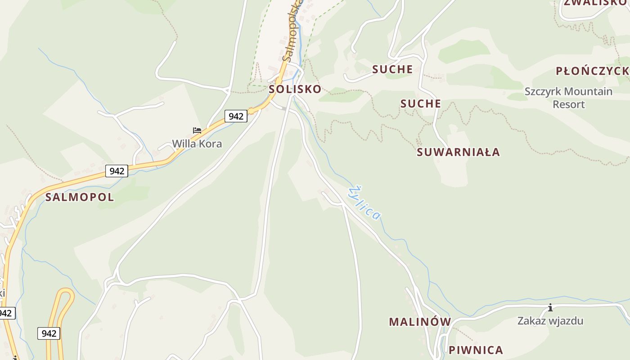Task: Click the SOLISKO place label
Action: (295, 89)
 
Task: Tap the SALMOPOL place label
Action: (80, 197)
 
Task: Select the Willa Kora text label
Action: (197, 144)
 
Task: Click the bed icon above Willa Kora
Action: (197, 130)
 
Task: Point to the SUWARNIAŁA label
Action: (458, 152)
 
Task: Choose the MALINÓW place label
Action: (420, 322)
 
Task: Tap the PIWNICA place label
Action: (476, 350)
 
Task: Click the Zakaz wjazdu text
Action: (550, 321)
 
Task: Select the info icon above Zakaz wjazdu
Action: (550, 308)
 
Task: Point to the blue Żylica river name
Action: (365, 203)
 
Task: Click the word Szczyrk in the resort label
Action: (541, 92)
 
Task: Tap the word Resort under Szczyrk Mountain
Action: (569, 104)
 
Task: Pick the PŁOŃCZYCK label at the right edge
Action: (592, 71)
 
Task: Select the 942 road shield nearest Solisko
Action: (236, 116)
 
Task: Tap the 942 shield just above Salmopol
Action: (117, 171)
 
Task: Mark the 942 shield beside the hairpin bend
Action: (49, 333)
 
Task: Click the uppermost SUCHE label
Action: (392, 69)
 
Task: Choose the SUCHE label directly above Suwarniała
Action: (421, 104)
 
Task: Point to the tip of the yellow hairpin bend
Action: (66, 291)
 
